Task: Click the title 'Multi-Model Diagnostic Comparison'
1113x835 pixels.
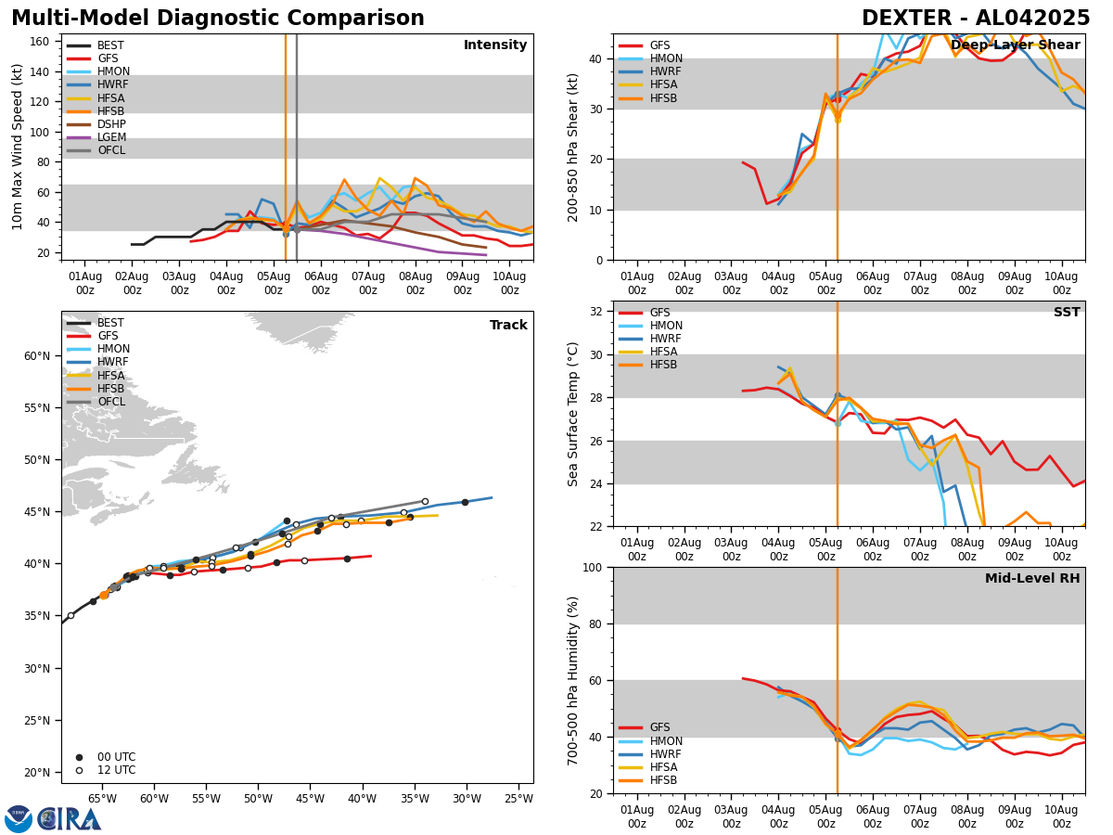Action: [218, 19]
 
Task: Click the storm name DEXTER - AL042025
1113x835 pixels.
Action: [976, 19]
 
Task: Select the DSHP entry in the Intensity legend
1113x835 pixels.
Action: [110, 124]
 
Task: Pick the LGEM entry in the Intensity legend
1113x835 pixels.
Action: [110, 137]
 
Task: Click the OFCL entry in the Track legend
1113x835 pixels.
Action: [111, 402]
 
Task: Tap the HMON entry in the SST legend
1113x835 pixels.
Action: [664, 326]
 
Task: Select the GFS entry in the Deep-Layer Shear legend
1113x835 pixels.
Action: [659, 45]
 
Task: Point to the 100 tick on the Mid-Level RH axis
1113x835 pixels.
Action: [593, 567]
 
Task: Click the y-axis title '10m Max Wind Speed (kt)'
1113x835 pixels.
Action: [17, 147]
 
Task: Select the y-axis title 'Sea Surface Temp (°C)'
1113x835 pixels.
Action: [573, 414]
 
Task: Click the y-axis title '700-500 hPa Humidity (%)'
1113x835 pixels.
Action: [573, 680]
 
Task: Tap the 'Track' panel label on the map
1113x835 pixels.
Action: [508, 326]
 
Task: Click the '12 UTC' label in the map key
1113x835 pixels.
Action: [116, 770]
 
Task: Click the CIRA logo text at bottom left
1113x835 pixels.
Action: [70, 818]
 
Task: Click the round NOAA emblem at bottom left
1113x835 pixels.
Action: [19, 819]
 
